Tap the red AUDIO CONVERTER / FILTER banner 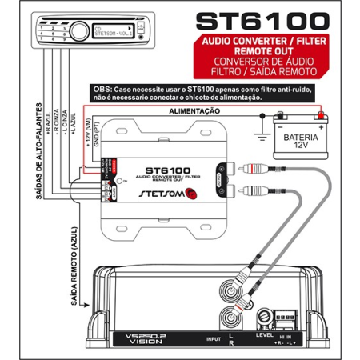(262, 45)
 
